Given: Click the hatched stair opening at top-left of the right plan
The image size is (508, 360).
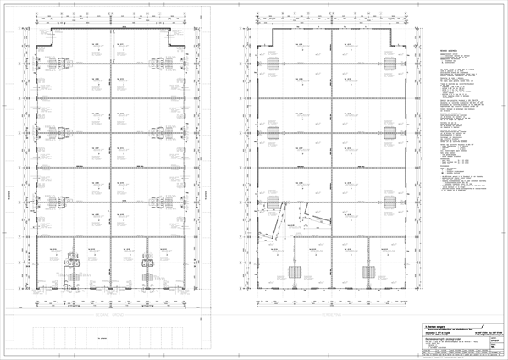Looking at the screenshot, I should point(274,64).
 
